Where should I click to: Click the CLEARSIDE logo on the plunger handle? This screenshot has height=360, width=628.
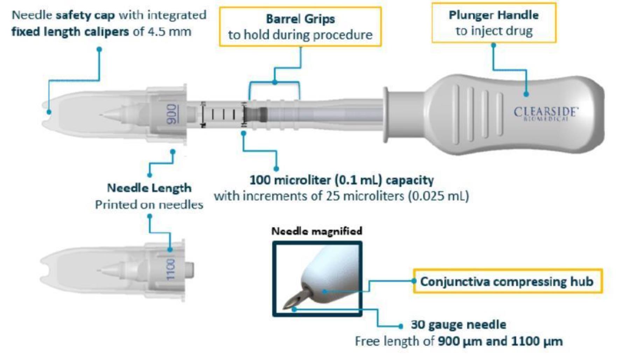coord(545,114)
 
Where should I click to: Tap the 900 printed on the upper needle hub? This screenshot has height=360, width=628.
coord(172,114)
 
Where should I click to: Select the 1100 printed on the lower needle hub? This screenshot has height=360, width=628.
coord(170,270)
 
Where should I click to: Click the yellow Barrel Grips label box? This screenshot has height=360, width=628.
coord(300,27)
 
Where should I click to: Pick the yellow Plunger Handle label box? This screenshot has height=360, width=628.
coord(494,23)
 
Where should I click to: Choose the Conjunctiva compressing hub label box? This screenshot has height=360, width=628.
coord(508,281)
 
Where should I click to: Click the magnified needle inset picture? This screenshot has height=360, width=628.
coord(317,279)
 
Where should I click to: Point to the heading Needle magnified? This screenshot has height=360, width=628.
coord(317,231)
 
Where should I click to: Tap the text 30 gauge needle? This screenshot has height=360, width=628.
coord(459,325)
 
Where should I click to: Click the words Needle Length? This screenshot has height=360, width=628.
coord(149,188)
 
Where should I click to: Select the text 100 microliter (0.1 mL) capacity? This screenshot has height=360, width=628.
coord(342,180)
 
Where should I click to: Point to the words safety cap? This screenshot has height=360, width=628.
coord(85,15)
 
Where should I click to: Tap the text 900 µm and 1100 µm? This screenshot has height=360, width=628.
coord(500,341)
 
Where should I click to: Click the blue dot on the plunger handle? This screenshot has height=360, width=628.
coord(526,94)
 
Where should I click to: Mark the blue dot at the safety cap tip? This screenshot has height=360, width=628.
coord(49,112)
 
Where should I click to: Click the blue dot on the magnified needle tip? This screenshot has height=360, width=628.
coord(294,309)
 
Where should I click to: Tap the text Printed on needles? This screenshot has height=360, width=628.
coord(149,204)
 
